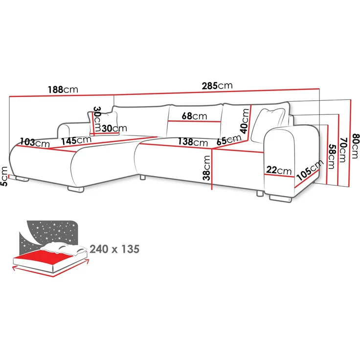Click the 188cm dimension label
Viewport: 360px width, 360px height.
pyautogui.click(x=63, y=90)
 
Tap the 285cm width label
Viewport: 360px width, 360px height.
pyautogui.click(x=217, y=85)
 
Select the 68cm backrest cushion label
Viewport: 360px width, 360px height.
pyautogui.click(x=193, y=116)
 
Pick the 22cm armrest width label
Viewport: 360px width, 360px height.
pyautogui.click(x=279, y=170)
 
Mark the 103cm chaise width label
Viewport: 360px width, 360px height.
pyautogui.click(x=34, y=143)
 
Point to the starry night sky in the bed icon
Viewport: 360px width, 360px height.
pyautogui.click(x=54, y=230)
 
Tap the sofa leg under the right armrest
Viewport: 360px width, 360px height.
pyautogui.click(x=279, y=199)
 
